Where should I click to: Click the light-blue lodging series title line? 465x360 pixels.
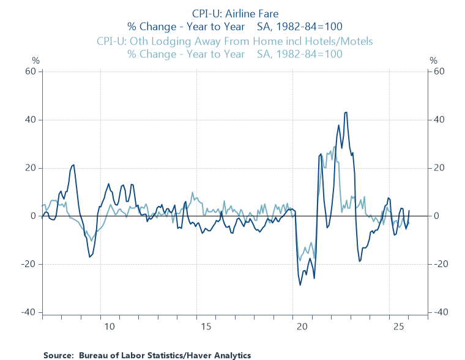(x=234, y=41)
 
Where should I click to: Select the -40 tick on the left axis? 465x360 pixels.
(x=28, y=312)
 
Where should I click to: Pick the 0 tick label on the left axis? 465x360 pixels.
(x=34, y=216)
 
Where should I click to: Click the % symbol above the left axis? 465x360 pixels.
(x=35, y=61)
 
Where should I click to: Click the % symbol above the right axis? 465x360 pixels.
(x=433, y=61)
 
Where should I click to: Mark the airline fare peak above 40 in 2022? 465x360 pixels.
(x=346, y=112)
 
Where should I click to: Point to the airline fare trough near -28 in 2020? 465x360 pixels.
(x=300, y=285)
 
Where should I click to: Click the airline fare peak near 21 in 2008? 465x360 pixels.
(x=74, y=164)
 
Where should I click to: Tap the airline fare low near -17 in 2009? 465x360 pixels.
(x=90, y=257)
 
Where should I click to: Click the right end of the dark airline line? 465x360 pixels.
(x=409, y=210)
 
